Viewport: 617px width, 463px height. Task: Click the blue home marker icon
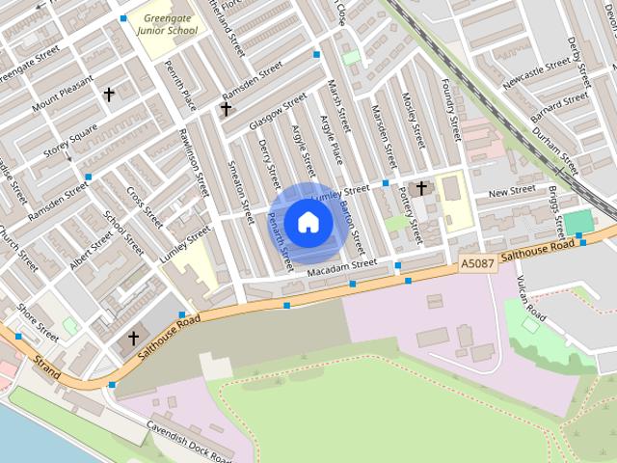tap(308, 223)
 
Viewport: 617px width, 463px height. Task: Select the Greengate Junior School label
tap(168, 23)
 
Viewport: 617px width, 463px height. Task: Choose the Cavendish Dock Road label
tap(189, 442)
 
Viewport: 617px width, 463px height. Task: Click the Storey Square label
tap(70, 142)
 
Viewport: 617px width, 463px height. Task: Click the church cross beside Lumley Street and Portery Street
tap(421, 186)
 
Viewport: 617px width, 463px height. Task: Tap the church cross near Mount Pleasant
tap(109, 95)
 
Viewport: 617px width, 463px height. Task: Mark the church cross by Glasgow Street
tap(226, 109)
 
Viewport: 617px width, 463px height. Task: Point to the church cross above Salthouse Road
tap(134, 338)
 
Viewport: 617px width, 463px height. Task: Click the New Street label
tap(511, 194)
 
